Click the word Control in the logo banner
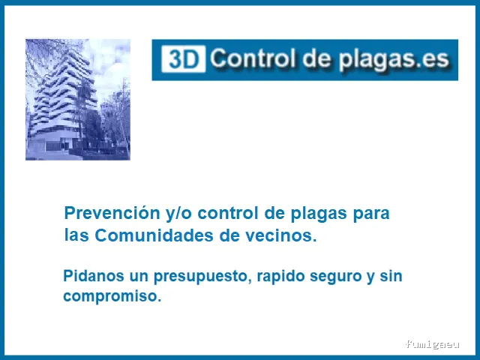253,58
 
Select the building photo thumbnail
78,100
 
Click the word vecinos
286,235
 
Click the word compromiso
112,296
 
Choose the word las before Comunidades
77,235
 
